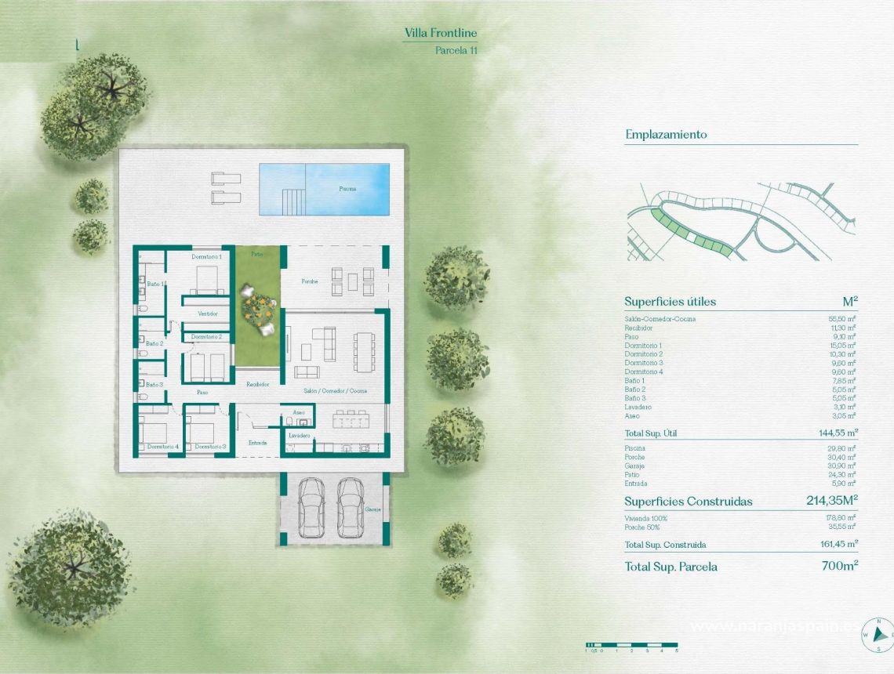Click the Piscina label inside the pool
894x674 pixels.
pos(347,189)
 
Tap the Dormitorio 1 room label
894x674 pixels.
pos(207,256)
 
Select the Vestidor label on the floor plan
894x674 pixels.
pos(208,313)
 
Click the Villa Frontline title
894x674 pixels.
pos(441,33)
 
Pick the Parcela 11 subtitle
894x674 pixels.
pos(456,49)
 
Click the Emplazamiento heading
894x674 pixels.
pos(666,135)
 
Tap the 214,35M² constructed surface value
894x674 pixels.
pos(832,501)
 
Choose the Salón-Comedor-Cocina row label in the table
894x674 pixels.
pos(660,319)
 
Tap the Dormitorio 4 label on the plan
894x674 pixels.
pos(163,447)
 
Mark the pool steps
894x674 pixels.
pos(292,201)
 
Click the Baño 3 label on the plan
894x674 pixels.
pos(154,385)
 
